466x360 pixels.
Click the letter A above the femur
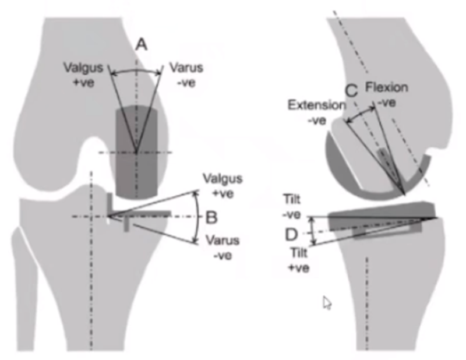[x=141, y=44]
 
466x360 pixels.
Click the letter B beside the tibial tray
[x=211, y=217]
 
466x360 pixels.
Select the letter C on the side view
[x=351, y=90]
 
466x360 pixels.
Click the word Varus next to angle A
[x=186, y=68]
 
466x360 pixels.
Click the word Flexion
[x=386, y=88]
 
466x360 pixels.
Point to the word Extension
[x=316, y=105]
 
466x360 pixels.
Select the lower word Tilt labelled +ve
[x=301, y=255]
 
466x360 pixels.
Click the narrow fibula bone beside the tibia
[x=26, y=280]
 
